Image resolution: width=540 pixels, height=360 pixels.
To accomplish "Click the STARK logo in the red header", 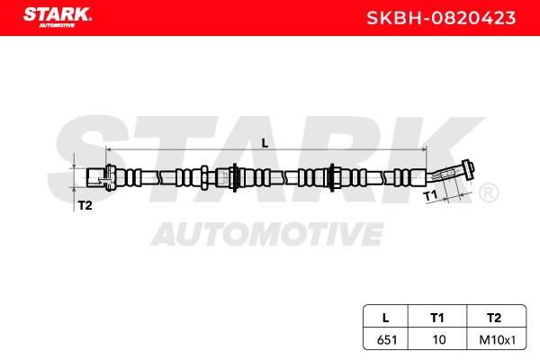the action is tap(58, 16).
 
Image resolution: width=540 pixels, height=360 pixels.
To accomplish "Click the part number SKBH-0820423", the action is tap(441, 18).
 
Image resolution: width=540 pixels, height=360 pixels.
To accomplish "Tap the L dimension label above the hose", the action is tap(265, 143).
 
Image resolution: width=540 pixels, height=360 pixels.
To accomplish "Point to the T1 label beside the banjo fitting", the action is tap(430, 195).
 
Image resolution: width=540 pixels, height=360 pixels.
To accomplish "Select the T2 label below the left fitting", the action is tap(85, 206).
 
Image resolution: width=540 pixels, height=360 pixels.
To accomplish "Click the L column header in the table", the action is tap(386, 318).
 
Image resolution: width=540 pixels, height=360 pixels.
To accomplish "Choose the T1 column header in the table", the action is tap(437, 318).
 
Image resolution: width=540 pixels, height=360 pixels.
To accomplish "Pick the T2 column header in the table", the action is tap(494, 318).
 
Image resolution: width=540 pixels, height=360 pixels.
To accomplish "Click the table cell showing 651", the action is tap(387, 340).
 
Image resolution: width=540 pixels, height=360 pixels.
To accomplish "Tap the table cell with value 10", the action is tap(439, 340).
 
